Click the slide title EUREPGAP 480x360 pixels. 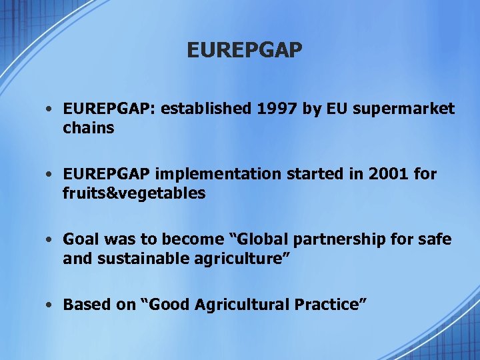pos(245,50)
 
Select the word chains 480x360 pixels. pos(89,127)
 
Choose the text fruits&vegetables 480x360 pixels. pos(134,193)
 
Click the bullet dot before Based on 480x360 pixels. pos(51,305)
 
